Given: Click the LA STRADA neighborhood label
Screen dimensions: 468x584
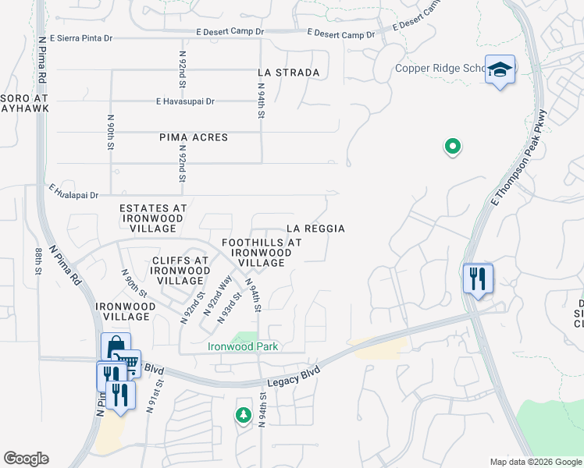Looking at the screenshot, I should pyautogui.click(x=289, y=73).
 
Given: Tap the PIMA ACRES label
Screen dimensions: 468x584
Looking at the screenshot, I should pyautogui.click(x=194, y=137).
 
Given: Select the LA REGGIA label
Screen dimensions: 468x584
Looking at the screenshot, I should pyautogui.click(x=315, y=229).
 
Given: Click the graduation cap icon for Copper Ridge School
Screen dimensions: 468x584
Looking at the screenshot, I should pyautogui.click(x=500, y=70).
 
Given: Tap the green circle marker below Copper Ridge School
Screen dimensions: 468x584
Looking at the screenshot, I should pyautogui.click(x=451, y=146).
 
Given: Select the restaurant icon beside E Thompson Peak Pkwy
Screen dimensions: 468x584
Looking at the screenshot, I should pyautogui.click(x=477, y=278).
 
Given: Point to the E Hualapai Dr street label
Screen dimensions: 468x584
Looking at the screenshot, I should pyautogui.click(x=73, y=192).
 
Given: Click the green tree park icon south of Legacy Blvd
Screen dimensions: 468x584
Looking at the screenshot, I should pyautogui.click(x=243, y=414).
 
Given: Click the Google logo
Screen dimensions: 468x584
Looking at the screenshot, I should pyautogui.click(x=26, y=459).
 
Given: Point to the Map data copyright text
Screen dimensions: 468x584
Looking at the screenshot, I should pyautogui.click(x=535, y=462).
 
